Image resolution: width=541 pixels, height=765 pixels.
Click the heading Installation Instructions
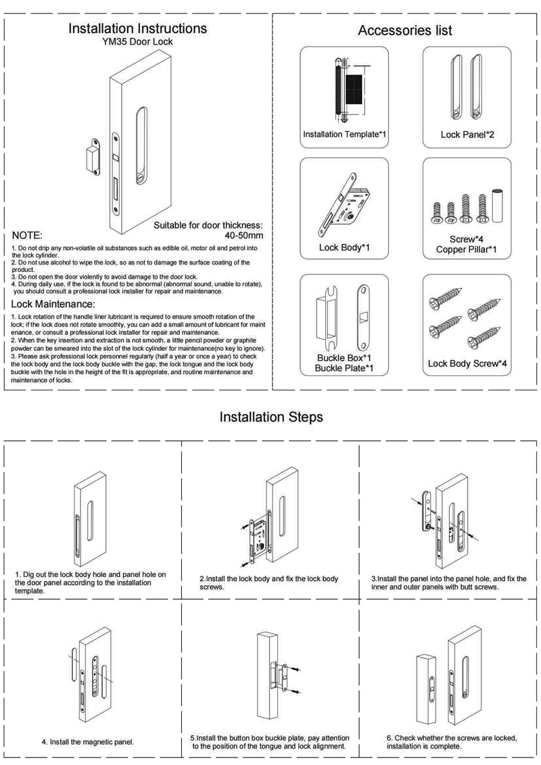[137, 29]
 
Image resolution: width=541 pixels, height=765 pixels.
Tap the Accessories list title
[404, 30]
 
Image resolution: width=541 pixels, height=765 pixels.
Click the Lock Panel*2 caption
[467, 135]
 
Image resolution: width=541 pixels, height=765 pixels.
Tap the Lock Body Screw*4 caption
[467, 364]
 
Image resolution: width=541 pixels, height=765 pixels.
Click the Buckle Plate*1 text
[344, 369]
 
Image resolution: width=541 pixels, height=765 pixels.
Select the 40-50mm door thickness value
[243, 235]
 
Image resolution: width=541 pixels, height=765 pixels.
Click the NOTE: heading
[28, 236]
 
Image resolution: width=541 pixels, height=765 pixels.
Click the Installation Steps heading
[271, 417]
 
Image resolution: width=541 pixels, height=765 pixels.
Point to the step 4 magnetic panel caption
[88, 741]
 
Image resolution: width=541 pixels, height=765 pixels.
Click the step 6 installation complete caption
[452, 742]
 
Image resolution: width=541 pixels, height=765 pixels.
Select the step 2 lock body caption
[269, 583]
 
